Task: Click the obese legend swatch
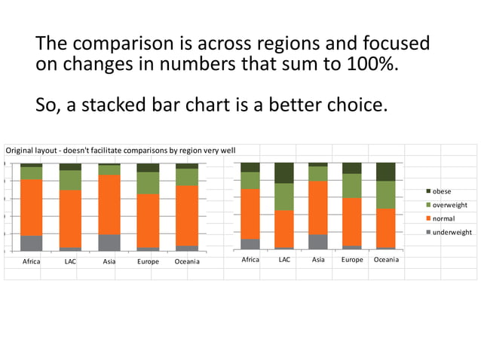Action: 426,191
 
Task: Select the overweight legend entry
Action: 449,205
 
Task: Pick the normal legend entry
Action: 443,218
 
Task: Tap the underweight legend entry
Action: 452,232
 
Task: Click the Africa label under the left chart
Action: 32,261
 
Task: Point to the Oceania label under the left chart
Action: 187,261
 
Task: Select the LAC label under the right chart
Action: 284,260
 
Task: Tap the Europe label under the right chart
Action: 352,260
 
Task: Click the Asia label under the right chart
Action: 318,260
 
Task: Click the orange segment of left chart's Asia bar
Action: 109,204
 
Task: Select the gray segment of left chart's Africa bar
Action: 32,243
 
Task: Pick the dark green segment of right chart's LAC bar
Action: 284,172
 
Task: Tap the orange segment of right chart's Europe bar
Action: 352,221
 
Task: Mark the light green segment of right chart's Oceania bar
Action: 386,194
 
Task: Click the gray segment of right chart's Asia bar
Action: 318,242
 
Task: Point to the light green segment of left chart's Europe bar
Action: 148,183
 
